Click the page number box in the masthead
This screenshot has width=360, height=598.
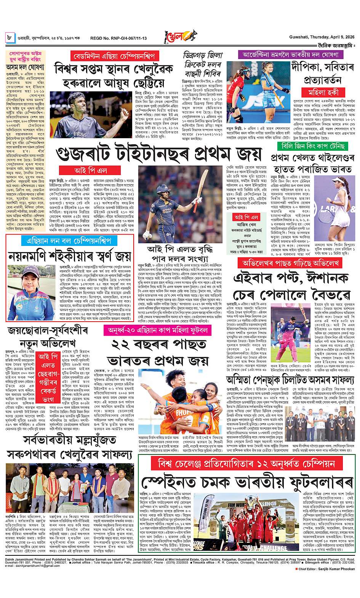click(x=10, y=38)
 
